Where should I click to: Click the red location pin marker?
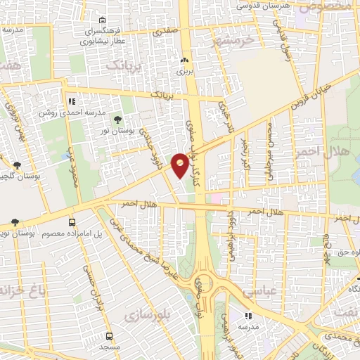point(180,165)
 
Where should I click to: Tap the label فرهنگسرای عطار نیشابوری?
point(103,37)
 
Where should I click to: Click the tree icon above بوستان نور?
point(117,120)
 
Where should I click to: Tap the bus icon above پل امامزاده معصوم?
point(72,222)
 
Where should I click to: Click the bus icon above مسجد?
point(109,336)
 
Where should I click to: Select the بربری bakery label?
point(184,72)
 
